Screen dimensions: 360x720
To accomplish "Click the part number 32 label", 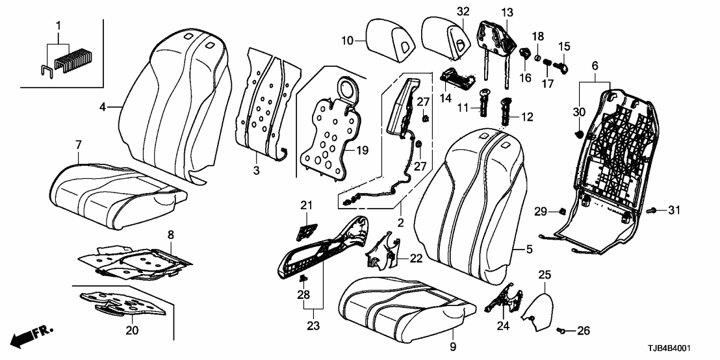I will click(462, 12).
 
